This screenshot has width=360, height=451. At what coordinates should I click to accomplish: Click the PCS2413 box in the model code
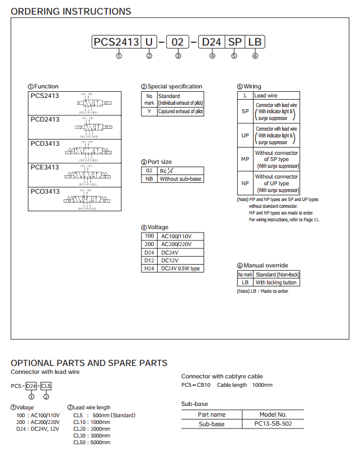(116, 42)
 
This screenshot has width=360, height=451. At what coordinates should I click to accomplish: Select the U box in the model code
(149, 42)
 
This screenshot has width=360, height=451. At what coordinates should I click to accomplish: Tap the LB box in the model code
(255, 42)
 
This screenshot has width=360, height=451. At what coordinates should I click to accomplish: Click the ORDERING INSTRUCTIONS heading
(71, 11)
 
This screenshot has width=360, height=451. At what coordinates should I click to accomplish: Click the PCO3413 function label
(45, 191)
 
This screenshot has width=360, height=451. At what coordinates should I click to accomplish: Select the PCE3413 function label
(45, 167)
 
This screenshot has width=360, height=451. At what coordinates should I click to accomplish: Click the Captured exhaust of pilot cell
(180, 111)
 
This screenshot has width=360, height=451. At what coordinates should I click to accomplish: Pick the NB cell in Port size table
(149, 179)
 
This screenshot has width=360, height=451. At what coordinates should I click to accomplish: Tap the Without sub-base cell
(180, 179)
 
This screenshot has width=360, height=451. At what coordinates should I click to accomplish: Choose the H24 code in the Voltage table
(149, 269)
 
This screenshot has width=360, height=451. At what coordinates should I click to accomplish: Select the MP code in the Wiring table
(245, 159)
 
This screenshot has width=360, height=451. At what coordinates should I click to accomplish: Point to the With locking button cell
(276, 282)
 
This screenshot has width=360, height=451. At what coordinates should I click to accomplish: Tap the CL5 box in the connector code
(46, 386)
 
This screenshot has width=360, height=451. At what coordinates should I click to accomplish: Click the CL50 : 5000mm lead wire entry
(92, 443)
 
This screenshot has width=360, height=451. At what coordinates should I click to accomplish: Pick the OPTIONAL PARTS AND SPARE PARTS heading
(89, 363)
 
